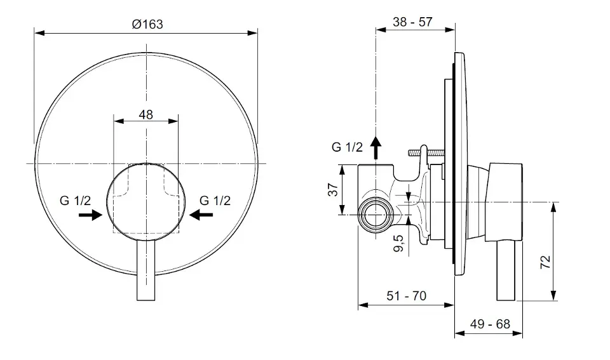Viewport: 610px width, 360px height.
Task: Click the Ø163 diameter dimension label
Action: (147, 24)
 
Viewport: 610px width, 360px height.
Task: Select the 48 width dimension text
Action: (146, 115)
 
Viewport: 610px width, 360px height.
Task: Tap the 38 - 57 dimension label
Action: (412, 22)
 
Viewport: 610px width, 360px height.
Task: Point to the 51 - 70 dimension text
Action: (406, 296)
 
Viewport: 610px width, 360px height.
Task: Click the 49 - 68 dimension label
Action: (490, 324)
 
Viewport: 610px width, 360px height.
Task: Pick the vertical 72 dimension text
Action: (545, 262)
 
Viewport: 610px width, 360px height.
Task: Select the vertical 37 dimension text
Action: (333, 190)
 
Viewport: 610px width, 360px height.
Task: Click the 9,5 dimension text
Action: (399, 243)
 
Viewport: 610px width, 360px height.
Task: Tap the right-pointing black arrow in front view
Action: (90, 215)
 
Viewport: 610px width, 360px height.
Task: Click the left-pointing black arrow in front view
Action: (201, 215)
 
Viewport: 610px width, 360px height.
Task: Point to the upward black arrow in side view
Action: (376, 148)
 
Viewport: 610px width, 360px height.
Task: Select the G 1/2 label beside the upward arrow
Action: (347, 147)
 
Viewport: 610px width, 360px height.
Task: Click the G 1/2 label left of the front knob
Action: (75, 201)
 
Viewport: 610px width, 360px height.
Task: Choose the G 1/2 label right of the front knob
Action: (215, 201)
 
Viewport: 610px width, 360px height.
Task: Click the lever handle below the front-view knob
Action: (146, 270)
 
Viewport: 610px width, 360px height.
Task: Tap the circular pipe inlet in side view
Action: (376, 215)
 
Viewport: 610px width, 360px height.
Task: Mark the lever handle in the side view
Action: (506, 271)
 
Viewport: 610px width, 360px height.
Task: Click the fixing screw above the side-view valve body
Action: (426, 152)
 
